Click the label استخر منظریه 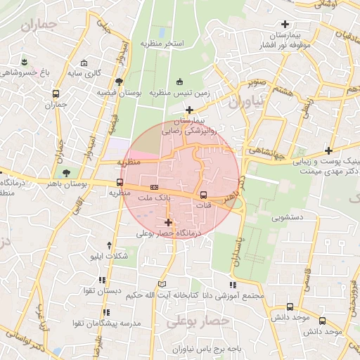click(x=162, y=44)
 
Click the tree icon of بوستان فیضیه click(x=120, y=82)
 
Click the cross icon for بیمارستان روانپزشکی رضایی click(x=189, y=110)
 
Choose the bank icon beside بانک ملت click(x=154, y=187)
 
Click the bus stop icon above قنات click(x=203, y=195)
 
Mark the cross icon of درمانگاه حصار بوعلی click(x=167, y=222)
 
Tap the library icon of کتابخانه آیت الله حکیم click(x=164, y=283)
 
